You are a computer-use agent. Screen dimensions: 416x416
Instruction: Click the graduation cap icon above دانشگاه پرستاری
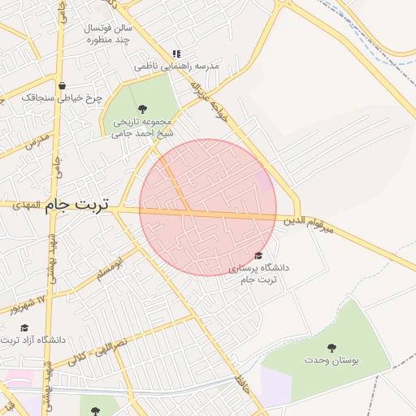tap(258, 256)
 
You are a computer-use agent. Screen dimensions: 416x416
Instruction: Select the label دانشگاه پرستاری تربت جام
tap(258, 273)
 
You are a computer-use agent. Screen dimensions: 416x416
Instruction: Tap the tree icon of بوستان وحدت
tap(331, 347)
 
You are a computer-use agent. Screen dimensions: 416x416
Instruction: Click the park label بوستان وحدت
tap(331, 359)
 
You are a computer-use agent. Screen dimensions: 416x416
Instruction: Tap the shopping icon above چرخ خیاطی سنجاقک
tap(63, 85)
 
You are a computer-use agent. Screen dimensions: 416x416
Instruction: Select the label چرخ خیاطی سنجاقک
tap(63, 97)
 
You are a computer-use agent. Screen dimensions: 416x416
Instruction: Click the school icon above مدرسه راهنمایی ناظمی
tap(176, 54)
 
